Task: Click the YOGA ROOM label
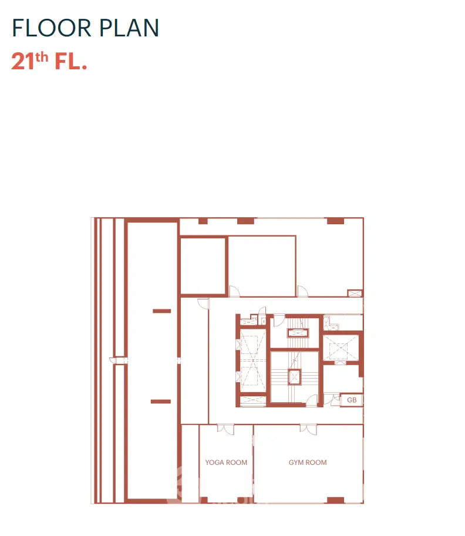pyautogui.click(x=226, y=463)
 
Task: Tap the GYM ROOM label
pyautogui.click(x=308, y=463)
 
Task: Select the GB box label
pyautogui.click(x=352, y=400)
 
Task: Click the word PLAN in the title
pyautogui.click(x=129, y=28)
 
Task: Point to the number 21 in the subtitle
pyautogui.click(x=23, y=61)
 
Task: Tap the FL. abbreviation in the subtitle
pyautogui.click(x=71, y=61)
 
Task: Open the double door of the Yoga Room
pyautogui.click(x=225, y=429)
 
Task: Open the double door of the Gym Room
pyautogui.click(x=308, y=429)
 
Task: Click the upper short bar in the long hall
pyautogui.click(x=161, y=311)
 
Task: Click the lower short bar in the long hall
pyautogui.click(x=161, y=402)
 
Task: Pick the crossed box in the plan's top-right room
pyautogui.click(x=355, y=294)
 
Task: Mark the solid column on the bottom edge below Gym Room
pyautogui.click(x=335, y=500)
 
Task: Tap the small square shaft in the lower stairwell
pyautogui.click(x=294, y=377)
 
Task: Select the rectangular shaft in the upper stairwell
pyautogui.click(x=298, y=333)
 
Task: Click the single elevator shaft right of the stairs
pyautogui.click(x=341, y=348)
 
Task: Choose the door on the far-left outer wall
pyautogui.click(x=118, y=360)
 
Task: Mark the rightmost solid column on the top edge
pyautogui.click(x=335, y=221)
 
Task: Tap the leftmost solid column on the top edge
pyautogui.click(x=203, y=221)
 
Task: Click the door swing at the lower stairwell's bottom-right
pyautogui.click(x=312, y=400)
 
